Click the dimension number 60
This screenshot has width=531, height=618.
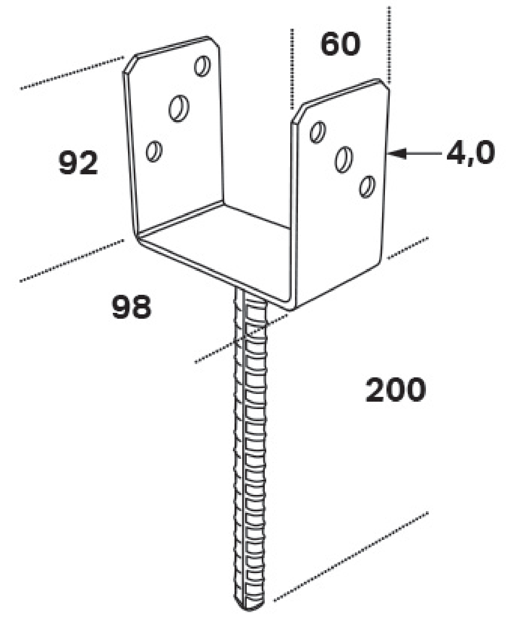[340, 44]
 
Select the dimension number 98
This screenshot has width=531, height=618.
[131, 307]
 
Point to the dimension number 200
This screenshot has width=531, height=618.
[395, 389]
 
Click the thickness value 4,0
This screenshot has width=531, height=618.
[471, 153]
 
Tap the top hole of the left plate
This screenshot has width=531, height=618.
[202, 66]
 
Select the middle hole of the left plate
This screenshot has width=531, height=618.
[179, 107]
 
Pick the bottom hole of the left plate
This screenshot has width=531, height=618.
[154, 150]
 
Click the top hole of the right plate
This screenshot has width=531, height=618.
[317, 132]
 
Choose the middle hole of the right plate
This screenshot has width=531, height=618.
[344, 159]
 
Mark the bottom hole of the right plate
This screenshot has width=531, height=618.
[368, 187]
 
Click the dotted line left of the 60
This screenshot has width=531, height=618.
[292, 69]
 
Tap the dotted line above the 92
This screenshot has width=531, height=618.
[72, 73]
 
